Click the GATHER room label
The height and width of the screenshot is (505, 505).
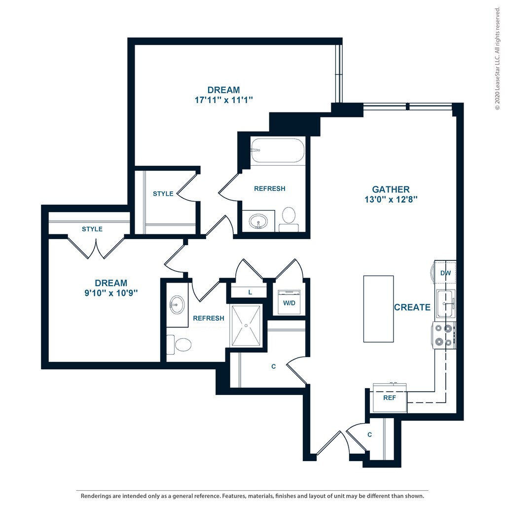tap(391, 189)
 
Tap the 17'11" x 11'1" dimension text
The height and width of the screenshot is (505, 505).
tap(223, 100)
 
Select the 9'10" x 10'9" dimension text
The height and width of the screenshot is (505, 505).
tap(111, 293)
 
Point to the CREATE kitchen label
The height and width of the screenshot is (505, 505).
tap(412, 307)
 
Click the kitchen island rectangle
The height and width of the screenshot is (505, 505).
tap(378, 309)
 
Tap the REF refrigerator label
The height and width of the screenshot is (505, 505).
tap(390, 398)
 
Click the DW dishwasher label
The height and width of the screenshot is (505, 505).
tap(445, 273)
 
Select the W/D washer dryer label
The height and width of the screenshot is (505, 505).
tap(289, 303)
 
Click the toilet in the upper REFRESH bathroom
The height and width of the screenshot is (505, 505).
tap(289, 219)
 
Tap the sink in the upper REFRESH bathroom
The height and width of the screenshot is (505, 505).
tap(258, 221)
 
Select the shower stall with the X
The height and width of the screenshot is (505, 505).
tap(246, 325)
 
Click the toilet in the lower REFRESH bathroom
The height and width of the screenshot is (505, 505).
tap(179, 345)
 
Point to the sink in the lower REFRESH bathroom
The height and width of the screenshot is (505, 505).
tap(177, 305)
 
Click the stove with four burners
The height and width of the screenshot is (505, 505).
tap(444, 335)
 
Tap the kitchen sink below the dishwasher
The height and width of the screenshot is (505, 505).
tap(446, 303)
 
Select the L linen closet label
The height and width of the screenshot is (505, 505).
tap(250, 292)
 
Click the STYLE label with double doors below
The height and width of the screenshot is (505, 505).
tap(92, 229)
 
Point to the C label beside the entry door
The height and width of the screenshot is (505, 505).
tap(370, 435)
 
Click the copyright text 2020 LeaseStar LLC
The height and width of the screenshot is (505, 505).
tap(498, 58)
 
